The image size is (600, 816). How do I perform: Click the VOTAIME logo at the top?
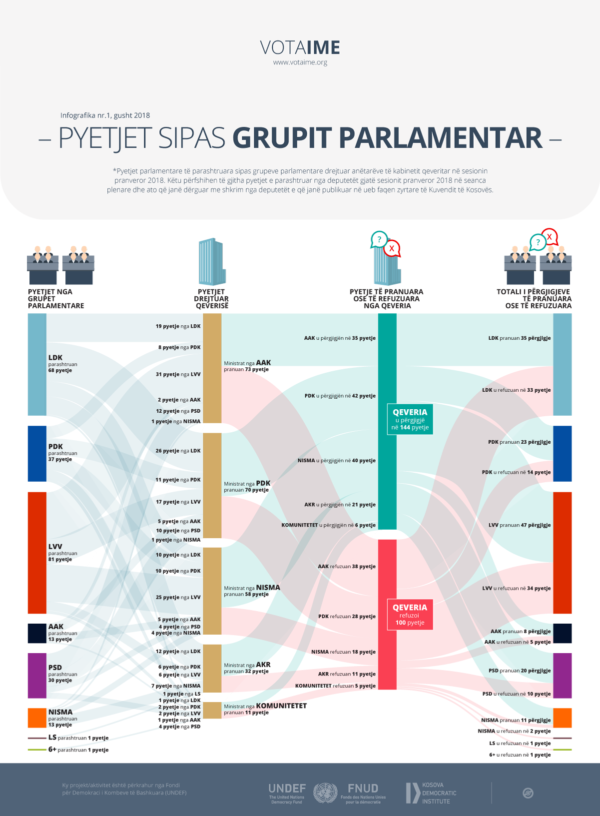click(300, 47)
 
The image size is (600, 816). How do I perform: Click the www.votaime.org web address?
click(300, 62)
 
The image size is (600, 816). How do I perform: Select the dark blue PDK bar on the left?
click(37, 453)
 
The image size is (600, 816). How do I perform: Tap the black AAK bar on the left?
click(37, 633)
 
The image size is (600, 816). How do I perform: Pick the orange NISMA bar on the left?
click(37, 718)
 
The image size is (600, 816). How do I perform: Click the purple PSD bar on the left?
click(37, 675)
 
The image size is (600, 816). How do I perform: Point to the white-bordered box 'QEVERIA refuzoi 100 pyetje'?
click(410, 614)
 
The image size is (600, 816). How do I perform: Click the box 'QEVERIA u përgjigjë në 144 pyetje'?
click(410, 419)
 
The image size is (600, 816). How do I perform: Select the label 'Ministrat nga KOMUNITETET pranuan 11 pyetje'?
click(265, 709)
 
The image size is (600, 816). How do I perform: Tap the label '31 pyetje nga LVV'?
click(178, 374)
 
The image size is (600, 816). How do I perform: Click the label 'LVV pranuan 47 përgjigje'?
click(520, 525)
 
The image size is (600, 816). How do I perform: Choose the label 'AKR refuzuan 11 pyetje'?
click(347, 674)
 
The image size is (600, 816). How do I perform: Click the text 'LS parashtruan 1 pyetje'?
click(78, 738)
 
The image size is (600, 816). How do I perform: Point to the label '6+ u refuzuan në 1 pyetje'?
click(520, 755)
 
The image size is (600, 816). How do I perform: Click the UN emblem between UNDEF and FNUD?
click(325, 793)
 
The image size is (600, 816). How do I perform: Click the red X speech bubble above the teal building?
click(392, 248)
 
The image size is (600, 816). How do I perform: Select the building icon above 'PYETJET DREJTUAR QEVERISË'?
click(212, 262)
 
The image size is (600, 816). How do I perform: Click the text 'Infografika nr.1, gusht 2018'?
click(105, 115)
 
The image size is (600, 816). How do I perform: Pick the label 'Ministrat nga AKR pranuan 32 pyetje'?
click(247, 668)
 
